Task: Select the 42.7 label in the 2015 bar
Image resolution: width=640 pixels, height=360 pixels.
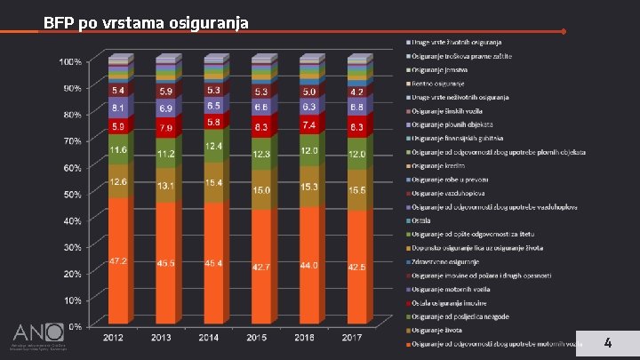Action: [x=260, y=266]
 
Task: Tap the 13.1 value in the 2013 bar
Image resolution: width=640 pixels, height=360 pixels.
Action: [x=164, y=186]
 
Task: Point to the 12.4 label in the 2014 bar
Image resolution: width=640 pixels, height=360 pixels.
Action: [x=212, y=146]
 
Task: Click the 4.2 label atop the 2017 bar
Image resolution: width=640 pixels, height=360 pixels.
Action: [x=356, y=91]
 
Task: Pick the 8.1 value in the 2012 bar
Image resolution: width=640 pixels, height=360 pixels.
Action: [x=116, y=108]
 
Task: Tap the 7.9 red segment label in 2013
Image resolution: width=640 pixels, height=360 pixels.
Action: [x=164, y=128]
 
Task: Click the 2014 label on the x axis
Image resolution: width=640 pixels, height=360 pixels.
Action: [x=210, y=337]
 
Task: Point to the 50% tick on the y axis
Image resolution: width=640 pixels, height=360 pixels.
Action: [x=71, y=194]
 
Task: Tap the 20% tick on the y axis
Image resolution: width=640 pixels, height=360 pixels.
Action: [x=71, y=273]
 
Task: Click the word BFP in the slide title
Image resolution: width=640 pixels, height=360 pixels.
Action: [x=59, y=22]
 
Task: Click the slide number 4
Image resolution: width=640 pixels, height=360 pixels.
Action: [x=608, y=342]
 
